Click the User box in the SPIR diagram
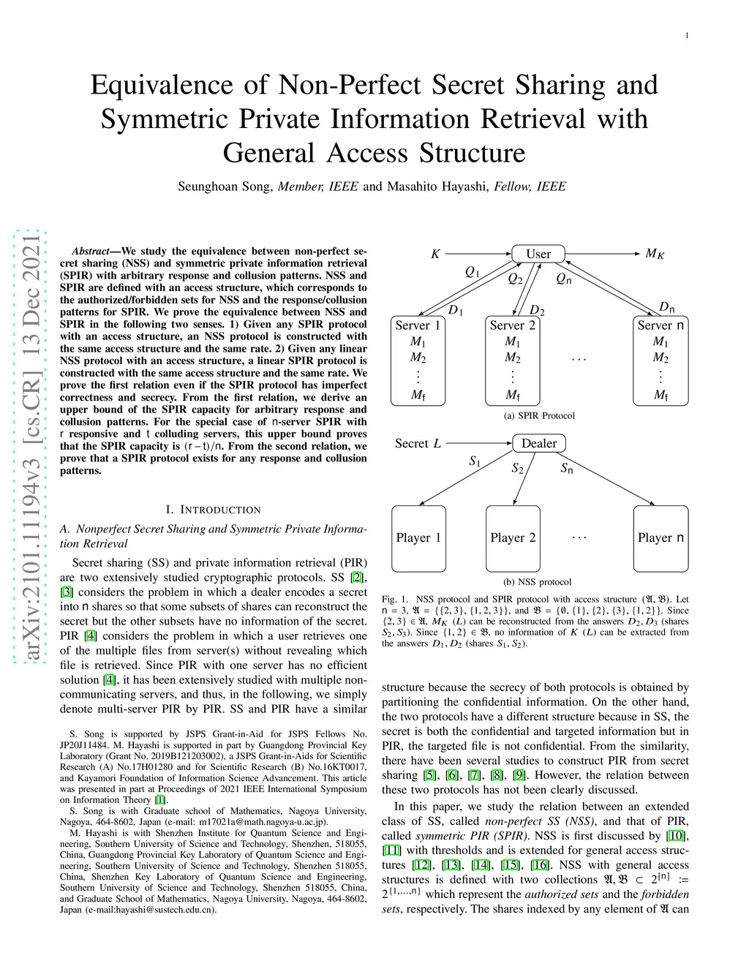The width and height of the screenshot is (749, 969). tap(538, 254)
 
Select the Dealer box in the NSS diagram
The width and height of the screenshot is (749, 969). tap(539, 443)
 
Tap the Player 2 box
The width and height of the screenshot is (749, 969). tap(513, 538)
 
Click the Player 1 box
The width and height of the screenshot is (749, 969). tap(418, 538)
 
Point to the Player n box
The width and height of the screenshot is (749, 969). tap(660, 538)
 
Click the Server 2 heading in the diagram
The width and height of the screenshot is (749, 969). tap(512, 325)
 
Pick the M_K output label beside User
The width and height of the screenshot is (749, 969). tap(655, 254)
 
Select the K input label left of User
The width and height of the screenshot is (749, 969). tap(435, 254)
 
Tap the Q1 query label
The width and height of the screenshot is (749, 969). tap(473, 272)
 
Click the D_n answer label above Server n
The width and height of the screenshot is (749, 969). tap(666, 307)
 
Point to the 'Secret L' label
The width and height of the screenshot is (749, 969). tap(418, 443)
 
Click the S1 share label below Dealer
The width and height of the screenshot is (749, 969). tap(475, 461)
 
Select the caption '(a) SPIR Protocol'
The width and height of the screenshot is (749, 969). tap(539, 415)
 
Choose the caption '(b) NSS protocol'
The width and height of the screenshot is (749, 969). tap(538, 582)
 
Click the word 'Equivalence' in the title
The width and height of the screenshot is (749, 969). tap(165, 85)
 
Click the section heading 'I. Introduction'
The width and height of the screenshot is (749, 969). tap(213, 510)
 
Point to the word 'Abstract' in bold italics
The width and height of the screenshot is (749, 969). tap(90, 251)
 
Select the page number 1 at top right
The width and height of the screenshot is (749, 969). tap(687, 35)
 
